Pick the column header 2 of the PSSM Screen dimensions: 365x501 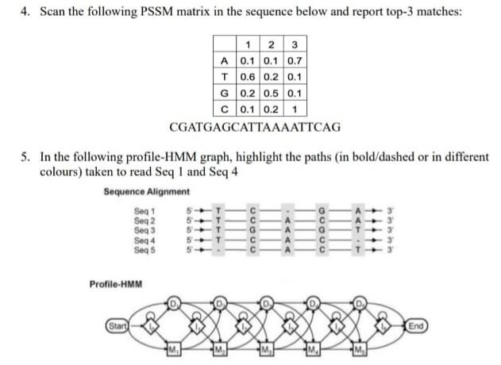[x=276, y=44]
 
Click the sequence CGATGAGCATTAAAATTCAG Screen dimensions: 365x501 [x=255, y=126]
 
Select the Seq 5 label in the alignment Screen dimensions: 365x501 [x=146, y=249]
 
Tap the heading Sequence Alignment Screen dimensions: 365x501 [x=147, y=191]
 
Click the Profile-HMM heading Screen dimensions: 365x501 [x=110, y=282]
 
